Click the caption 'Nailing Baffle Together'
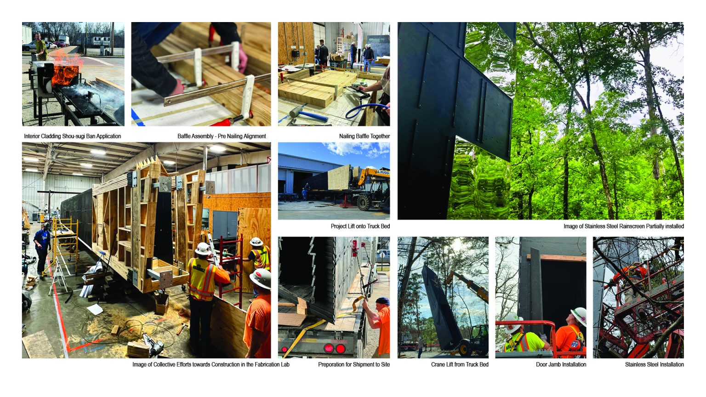point(364,136)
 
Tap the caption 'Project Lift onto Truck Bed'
point(360,226)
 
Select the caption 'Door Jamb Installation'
point(561,364)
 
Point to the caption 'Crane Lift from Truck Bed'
point(460,364)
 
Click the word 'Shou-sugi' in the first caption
point(74,136)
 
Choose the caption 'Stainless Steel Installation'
point(655,364)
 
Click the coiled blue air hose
point(365,111)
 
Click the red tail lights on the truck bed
point(335,348)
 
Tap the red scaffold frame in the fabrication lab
point(231,268)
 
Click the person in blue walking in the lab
point(42,249)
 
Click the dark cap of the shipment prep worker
point(382,301)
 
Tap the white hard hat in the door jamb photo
point(579,316)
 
